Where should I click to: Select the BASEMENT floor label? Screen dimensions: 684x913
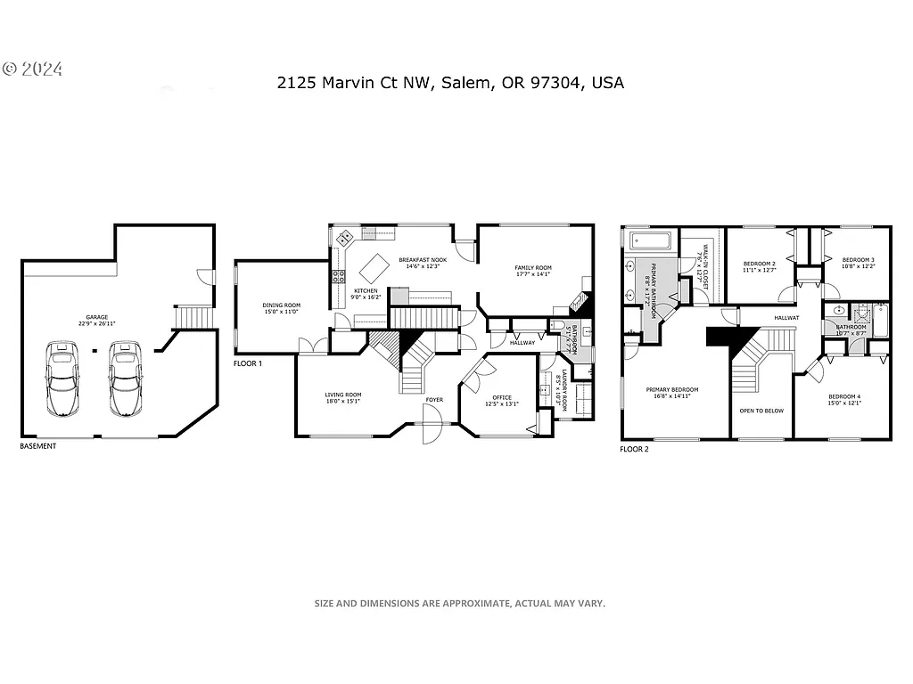37,446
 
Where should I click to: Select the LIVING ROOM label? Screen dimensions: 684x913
341,398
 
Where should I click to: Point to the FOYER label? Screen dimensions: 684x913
434,400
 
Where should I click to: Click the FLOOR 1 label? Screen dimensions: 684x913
248,363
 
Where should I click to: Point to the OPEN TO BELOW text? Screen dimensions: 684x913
761,411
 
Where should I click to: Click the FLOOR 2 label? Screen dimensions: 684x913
634,450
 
